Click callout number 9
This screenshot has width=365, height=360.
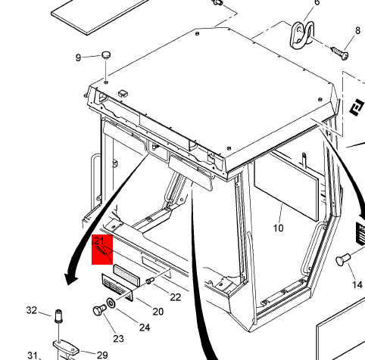click(x=78, y=57)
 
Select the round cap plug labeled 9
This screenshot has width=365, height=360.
click(x=106, y=55)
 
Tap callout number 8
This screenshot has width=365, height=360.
click(x=357, y=30)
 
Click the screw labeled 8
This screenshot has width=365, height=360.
click(x=340, y=53)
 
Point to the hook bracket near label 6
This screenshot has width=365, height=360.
click(x=302, y=35)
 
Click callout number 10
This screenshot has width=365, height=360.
click(x=279, y=228)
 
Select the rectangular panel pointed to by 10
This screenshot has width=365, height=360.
click(x=286, y=185)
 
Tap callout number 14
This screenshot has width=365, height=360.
click(x=357, y=285)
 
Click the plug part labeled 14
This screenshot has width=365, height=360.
click(x=343, y=259)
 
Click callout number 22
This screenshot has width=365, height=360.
click(x=176, y=297)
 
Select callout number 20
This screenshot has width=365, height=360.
click(x=158, y=312)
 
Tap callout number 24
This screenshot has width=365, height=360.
click(x=145, y=327)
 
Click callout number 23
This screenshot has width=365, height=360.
click(x=119, y=339)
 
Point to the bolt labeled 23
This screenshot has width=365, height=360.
click(x=100, y=310)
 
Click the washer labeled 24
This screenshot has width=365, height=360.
click(x=111, y=303)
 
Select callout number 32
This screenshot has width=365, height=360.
click(x=32, y=310)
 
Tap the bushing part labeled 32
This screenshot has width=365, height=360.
click(x=58, y=316)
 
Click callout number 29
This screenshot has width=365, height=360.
click(x=102, y=355)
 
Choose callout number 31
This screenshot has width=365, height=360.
click(x=33, y=355)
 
